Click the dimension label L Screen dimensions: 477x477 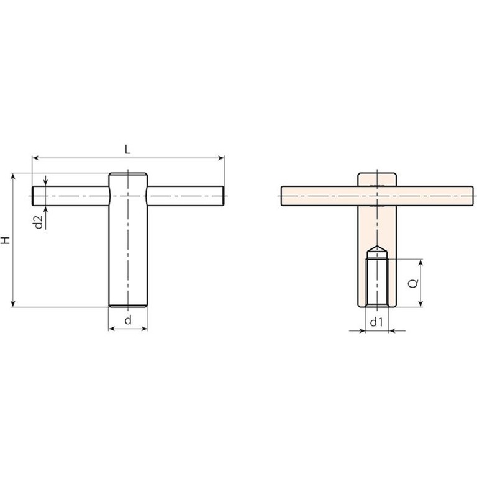(128, 149)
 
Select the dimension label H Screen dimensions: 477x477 (6, 240)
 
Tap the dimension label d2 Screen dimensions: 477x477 (39, 222)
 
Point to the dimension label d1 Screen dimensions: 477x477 (376, 322)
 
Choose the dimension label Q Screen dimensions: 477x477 (413, 283)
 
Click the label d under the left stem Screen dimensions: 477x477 (128, 320)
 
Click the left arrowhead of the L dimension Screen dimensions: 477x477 (35, 158)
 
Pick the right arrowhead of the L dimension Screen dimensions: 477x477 (222, 158)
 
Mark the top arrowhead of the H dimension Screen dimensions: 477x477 (13, 176)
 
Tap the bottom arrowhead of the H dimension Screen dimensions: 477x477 (13, 304)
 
